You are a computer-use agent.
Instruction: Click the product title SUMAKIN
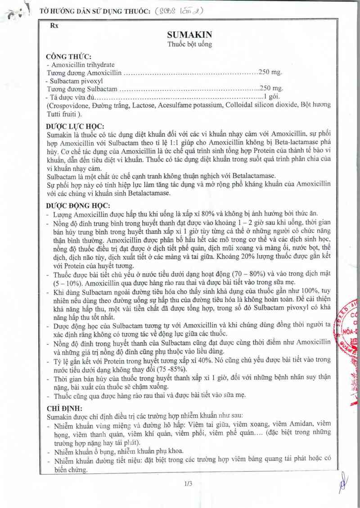(190, 35)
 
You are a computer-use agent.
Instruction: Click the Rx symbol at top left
(55, 26)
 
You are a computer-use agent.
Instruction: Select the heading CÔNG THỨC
(69, 57)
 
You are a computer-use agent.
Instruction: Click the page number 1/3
(188, 484)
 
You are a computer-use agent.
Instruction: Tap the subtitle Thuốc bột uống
(189, 45)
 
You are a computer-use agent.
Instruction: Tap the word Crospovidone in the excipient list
(68, 105)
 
